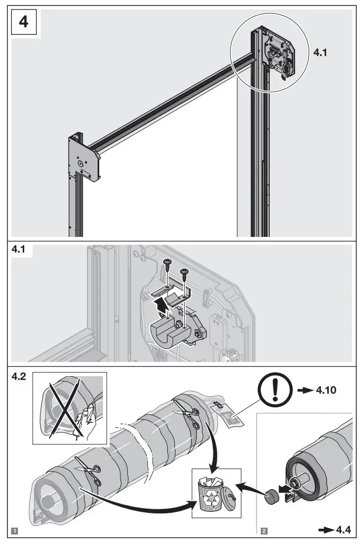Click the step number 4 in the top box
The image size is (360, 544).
click(x=24, y=23)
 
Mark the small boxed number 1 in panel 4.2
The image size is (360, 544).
click(x=15, y=529)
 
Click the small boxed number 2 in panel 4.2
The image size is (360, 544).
click(x=263, y=529)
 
